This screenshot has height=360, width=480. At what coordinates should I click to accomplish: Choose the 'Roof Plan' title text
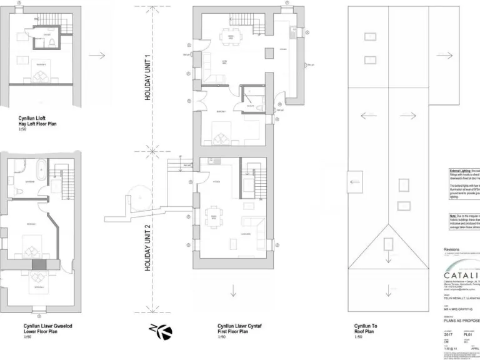pos(366,331)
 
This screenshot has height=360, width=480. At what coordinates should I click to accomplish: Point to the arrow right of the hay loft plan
pos(97,56)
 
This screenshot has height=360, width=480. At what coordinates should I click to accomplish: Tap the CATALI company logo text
pos(462,276)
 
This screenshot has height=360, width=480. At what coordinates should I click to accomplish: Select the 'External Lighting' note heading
pos(462,170)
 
